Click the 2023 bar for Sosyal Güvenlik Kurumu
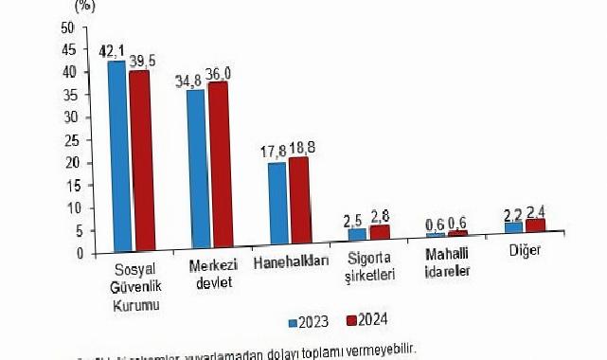[116, 156]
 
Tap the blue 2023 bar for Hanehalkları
[277, 204]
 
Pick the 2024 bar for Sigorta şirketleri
[380, 238]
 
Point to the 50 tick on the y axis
[66, 27]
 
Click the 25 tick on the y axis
[66, 140]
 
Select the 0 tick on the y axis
[69, 253]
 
